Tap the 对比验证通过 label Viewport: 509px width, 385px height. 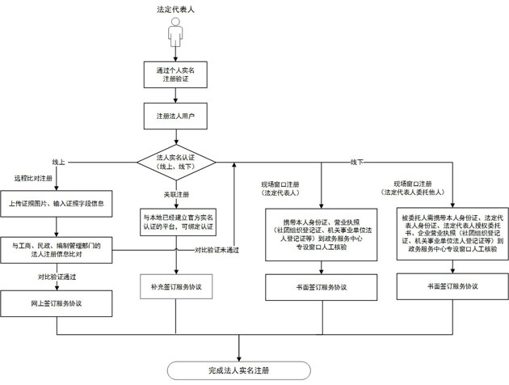click(x=56, y=277)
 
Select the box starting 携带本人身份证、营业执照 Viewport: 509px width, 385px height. click(x=321, y=234)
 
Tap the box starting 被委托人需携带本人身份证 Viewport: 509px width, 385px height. click(x=452, y=235)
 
